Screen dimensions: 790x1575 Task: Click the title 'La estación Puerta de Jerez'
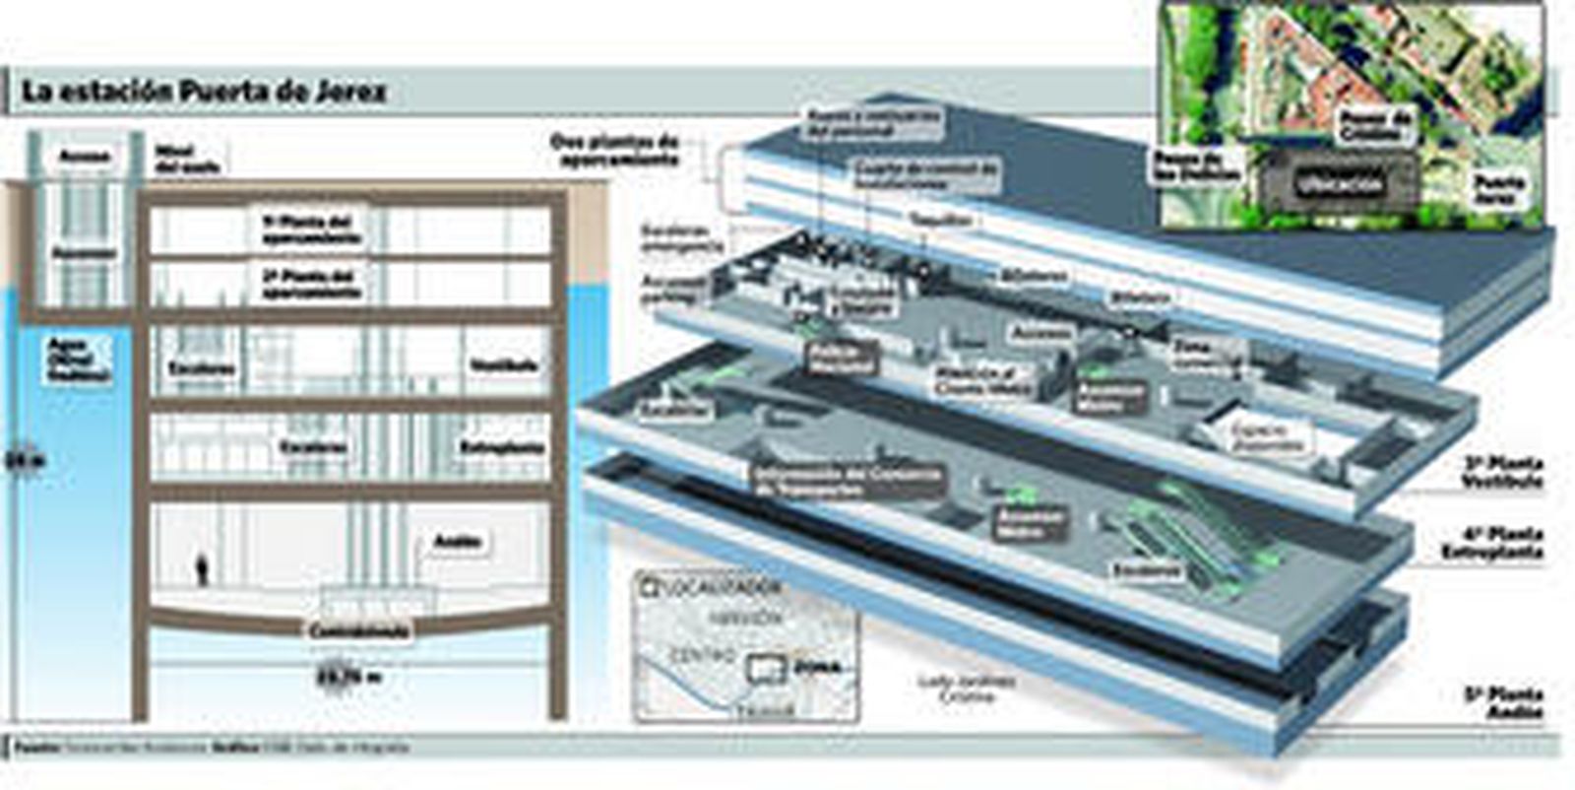[x=204, y=92]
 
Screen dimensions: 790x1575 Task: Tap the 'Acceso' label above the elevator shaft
[x=84, y=156]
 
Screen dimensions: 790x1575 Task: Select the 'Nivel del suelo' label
[x=187, y=159]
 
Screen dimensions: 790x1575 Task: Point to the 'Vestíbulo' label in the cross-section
[x=503, y=364]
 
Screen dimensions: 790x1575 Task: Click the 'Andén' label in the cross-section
[x=457, y=541]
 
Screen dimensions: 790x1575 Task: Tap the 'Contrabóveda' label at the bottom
[x=357, y=630]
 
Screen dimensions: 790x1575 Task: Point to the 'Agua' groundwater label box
[x=79, y=361]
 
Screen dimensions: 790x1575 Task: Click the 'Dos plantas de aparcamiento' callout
[x=615, y=150]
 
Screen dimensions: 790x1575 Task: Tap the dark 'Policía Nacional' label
[x=842, y=359]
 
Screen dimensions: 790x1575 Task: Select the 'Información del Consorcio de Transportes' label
[x=848, y=480]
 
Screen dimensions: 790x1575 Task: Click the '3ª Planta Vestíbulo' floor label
[x=1502, y=472]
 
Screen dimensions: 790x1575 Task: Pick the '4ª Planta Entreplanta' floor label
[x=1492, y=544]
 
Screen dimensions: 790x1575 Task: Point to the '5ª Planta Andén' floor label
[x=1502, y=702]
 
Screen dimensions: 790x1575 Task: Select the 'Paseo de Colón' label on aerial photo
[x=1375, y=124]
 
